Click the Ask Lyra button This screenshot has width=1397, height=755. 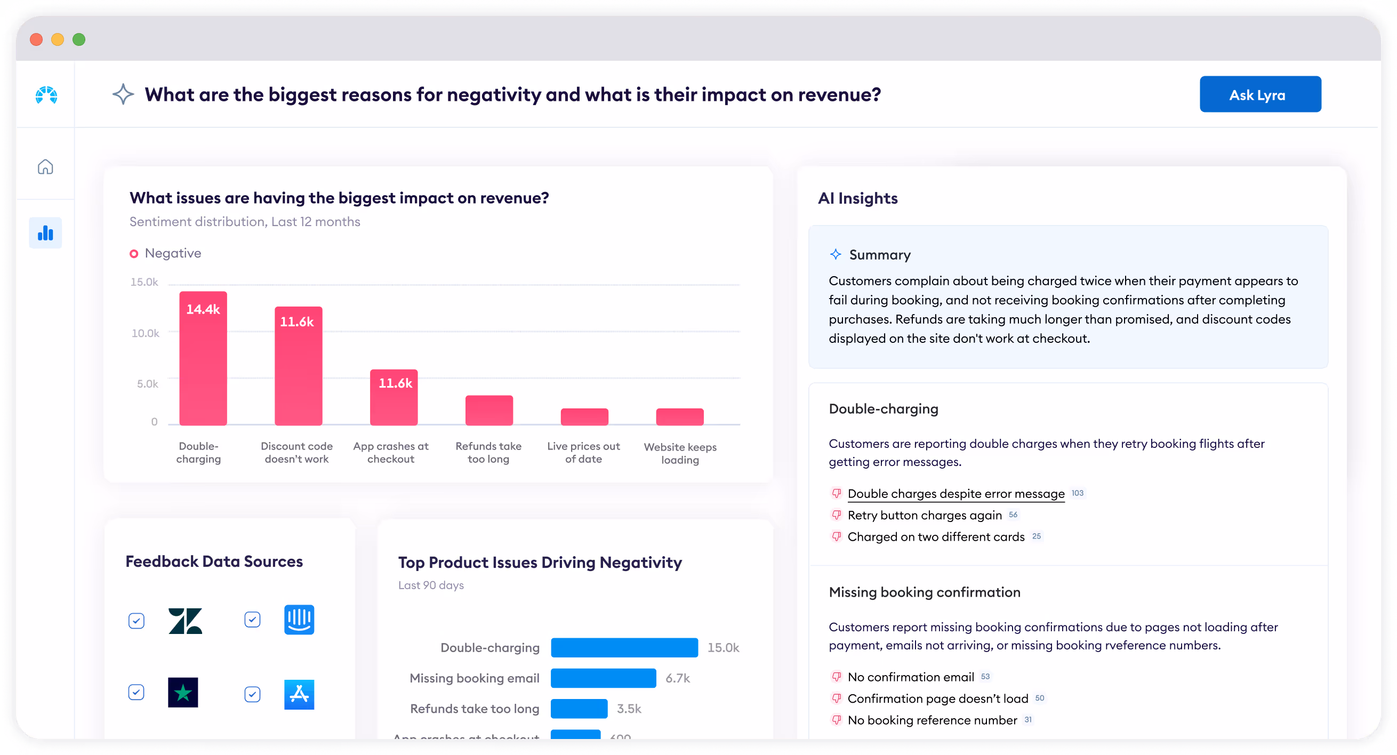click(x=1259, y=94)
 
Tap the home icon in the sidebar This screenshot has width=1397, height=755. click(x=45, y=166)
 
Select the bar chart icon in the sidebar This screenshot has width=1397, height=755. click(x=45, y=233)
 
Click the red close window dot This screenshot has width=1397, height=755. click(x=36, y=39)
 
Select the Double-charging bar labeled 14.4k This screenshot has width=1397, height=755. click(x=203, y=358)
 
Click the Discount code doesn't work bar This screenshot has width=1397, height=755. click(x=298, y=366)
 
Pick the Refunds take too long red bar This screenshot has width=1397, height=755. click(x=488, y=410)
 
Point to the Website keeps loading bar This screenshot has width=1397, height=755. click(x=679, y=416)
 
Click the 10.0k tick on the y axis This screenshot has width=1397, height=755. click(x=146, y=333)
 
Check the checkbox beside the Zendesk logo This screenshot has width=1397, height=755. click(x=137, y=621)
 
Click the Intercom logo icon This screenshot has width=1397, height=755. click(x=299, y=620)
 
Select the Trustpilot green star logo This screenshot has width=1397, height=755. click(x=183, y=693)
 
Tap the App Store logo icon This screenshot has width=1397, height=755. click(x=299, y=694)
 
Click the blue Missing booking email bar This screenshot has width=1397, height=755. click(x=603, y=678)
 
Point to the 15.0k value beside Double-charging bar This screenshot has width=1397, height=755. click(x=723, y=648)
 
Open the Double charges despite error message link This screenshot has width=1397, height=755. click(x=956, y=494)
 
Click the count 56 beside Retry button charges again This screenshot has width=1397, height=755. click(x=1013, y=515)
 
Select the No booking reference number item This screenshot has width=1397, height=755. click(x=932, y=720)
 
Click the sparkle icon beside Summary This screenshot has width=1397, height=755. click(x=835, y=254)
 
